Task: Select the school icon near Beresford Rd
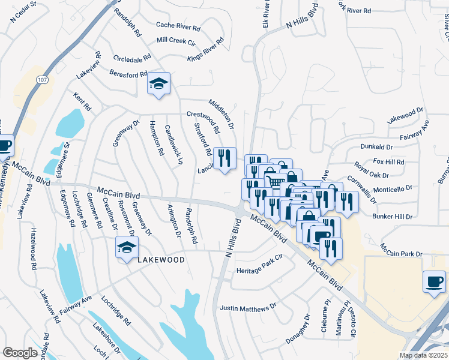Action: tap(159, 83)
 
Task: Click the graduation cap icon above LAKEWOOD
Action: tap(127, 247)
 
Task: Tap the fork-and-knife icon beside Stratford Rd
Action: tap(225, 158)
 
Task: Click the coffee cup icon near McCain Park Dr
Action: tap(434, 281)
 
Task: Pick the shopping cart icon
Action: tap(274, 181)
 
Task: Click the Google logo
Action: tap(20, 353)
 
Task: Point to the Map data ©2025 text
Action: tap(424, 355)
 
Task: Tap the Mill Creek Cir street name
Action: tap(176, 40)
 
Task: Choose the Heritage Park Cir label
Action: tap(259, 271)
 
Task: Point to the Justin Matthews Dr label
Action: tap(248, 308)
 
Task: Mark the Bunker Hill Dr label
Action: tap(393, 216)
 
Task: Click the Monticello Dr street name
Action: tap(393, 188)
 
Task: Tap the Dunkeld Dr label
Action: tap(376, 146)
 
